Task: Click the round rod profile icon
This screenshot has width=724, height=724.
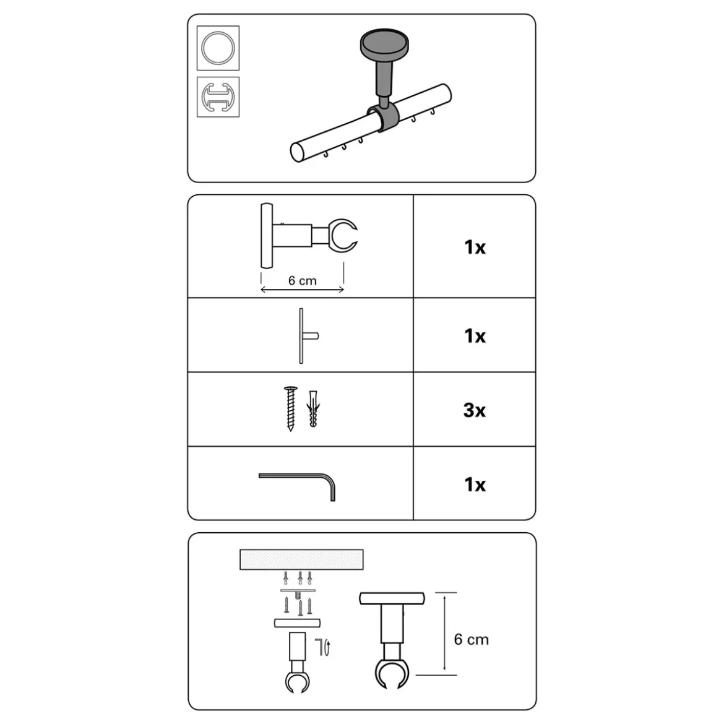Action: pyautogui.click(x=218, y=48)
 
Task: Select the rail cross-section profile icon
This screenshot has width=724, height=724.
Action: pyautogui.click(x=218, y=97)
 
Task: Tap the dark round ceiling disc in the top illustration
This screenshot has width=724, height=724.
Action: pyautogui.click(x=384, y=42)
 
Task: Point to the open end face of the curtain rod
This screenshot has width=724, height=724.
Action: pyautogui.click(x=299, y=152)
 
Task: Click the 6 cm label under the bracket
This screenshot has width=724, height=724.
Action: pyautogui.click(x=303, y=281)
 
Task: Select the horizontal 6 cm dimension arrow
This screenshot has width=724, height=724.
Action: pyautogui.click(x=303, y=290)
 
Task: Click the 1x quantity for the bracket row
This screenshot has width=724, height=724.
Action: pyautogui.click(x=475, y=248)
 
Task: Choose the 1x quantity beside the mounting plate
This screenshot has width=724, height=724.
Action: pyautogui.click(x=475, y=336)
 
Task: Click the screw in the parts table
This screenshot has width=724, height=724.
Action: pyautogui.click(x=290, y=408)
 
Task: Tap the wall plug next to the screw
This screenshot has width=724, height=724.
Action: pyautogui.click(x=313, y=408)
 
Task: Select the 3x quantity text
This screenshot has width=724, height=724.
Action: pyautogui.click(x=474, y=410)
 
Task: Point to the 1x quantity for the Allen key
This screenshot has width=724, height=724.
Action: pyautogui.click(x=475, y=485)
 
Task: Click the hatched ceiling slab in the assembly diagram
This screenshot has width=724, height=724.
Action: pyautogui.click(x=301, y=559)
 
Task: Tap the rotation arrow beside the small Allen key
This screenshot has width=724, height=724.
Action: pyautogui.click(x=327, y=648)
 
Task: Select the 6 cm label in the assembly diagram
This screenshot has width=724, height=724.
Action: pyautogui.click(x=471, y=639)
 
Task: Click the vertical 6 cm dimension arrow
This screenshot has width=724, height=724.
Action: pyautogui.click(x=444, y=633)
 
